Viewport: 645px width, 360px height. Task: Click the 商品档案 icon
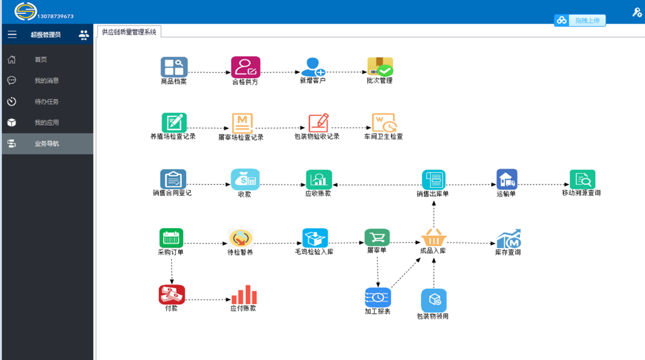[x=174, y=67]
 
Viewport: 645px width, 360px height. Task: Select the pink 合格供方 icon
[x=246, y=67]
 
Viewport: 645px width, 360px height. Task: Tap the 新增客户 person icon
[x=313, y=67]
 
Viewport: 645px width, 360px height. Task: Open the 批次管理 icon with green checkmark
[x=380, y=66]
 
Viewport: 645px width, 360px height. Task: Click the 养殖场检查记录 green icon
[x=174, y=122]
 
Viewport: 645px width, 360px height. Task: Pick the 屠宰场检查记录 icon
[x=243, y=123]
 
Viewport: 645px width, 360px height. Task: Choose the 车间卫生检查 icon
[x=384, y=123]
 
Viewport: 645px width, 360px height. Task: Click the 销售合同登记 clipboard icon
[x=173, y=179]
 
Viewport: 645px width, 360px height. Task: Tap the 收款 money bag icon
[x=245, y=179]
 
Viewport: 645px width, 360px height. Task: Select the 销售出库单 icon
[x=433, y=179]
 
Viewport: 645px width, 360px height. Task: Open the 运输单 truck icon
[x=507, y=179]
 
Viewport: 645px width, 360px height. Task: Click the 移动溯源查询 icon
[x=582, y=179]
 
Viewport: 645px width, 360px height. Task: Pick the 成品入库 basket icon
[x=433, y=237]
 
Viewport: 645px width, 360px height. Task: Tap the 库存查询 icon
[x=508, y=238]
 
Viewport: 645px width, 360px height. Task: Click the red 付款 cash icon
[x=172, y=294]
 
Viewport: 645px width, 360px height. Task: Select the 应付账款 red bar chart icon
[x=244, y=294]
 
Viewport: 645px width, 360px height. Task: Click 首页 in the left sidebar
[x=41, y=60]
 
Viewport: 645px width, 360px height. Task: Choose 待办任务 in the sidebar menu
[x=46, y=102]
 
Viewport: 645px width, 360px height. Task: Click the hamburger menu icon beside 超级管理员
[x=12, y=35]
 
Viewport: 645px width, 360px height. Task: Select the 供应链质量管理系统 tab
[x=129, y=32]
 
